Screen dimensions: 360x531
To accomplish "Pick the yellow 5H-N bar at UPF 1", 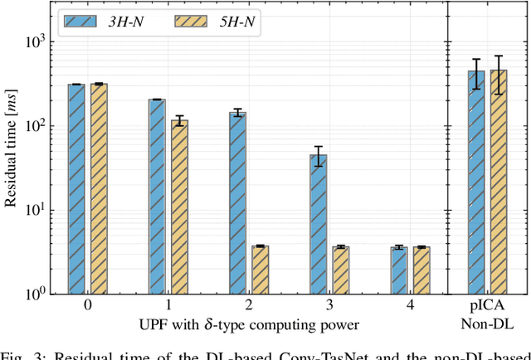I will click(179, 207).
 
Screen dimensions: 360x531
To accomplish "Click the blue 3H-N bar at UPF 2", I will click(237, 202).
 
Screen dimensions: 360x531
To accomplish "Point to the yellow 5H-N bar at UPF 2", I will click(260, 270).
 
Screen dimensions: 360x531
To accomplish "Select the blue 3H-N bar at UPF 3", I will click(318, 224).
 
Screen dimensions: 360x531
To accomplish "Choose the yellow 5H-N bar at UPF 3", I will click(341, 270).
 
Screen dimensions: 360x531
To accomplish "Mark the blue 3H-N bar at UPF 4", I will click(398, 270).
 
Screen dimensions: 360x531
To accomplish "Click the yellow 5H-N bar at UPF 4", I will click(421, 270).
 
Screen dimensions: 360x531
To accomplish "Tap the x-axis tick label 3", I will click(329, 305).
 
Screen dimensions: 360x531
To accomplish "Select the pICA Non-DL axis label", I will click(487, 313).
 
